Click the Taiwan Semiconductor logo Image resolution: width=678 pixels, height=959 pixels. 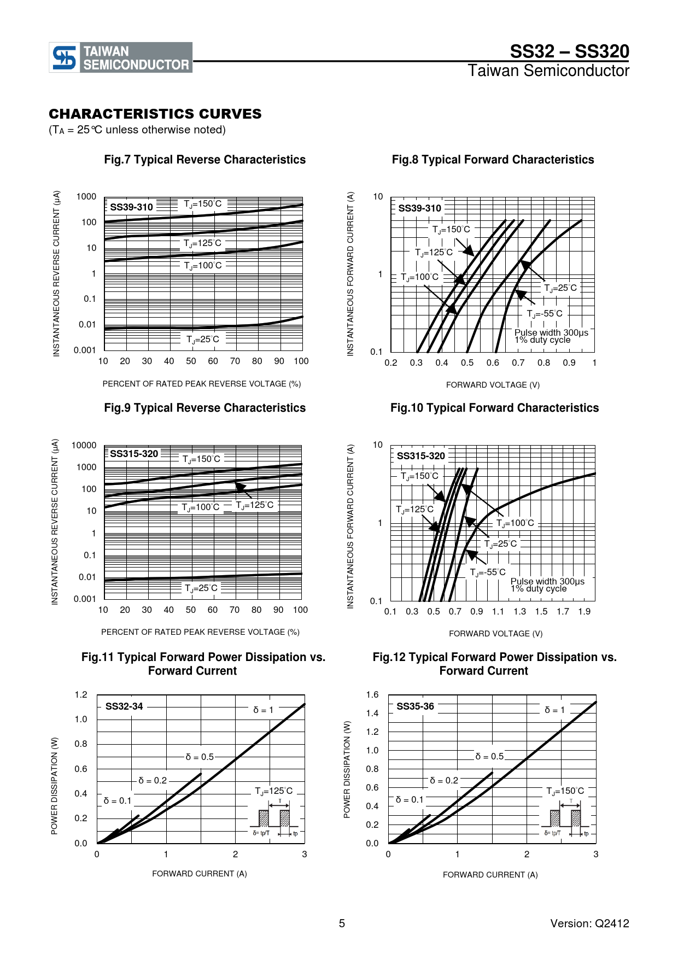(x=121, y=57)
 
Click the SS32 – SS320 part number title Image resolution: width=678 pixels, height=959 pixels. (x=570, y=51)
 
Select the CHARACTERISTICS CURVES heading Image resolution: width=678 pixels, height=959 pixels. (x=155, y=114)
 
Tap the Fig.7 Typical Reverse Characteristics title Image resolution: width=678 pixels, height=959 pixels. (x=205, y=160)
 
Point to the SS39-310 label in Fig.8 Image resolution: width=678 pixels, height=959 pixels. (x=419, y=208)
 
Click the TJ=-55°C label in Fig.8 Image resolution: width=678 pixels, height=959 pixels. (x=545, y=314)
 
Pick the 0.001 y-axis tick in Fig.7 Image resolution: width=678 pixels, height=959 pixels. (x=85, y=350)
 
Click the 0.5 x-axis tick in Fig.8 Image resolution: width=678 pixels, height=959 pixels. (x=467, y=362)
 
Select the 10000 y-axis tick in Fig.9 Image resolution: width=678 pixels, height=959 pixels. (x=84, y=446)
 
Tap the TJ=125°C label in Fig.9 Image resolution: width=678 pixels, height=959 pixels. (x=255, y=505)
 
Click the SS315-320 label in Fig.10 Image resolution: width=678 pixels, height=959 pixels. (x=421, y=456)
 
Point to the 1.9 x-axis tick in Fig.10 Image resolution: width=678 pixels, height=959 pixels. (x=585, y=611)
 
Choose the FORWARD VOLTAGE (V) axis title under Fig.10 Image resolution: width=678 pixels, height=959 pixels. (x=496, y=634)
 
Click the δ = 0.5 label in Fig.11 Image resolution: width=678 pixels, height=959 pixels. (x=200, y=757)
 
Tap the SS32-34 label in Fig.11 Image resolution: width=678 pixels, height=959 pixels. (x=124, y=706)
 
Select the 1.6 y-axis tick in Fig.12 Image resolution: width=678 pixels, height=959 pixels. (x=372, y=695)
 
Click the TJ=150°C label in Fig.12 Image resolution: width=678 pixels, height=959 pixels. (x=565, y=791)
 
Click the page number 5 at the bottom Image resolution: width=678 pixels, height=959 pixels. (x=342, y=923)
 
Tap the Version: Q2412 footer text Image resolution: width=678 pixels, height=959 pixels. (x=590, y=923)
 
